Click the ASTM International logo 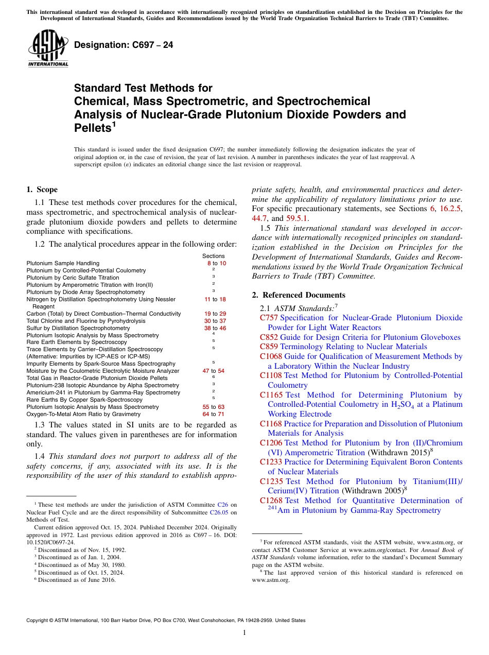pyautogui.click(x=48, y=48)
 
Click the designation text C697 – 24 pyautogui.click(x=124, y=45)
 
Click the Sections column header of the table pyautogui.click(x=213, y=256)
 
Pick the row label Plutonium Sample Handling pyautogui.click(x=63, y=263)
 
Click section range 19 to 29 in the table pyautogui.click(x=215, y=314)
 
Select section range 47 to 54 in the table pyautogui.click(x=213, y=371)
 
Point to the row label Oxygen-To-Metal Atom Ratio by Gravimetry pyautogui.click(x=83, y=414)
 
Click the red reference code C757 pyautogui.click(x=269, y=318)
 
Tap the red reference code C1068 pyautogui.click(x=271, y=356)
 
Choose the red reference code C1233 pyautogui.click(x=271, y=462)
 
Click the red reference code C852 pyautogui.click(x=269, y=337)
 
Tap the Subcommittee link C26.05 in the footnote pyautogui.click(x=221, y=512)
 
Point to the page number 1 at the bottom pyautogui.click(x=244, y=633)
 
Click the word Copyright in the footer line pyautogui.click(x=39, y=620)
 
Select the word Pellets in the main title pyautogui.click(x=93, y=128)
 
